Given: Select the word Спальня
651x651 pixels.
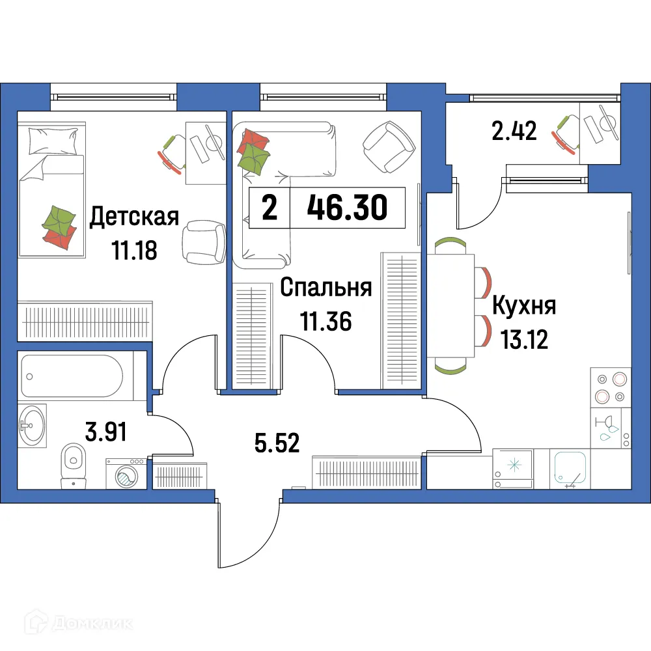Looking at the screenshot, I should click(x=325, y=288).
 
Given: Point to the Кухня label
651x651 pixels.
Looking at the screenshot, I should click(x=523, y=305).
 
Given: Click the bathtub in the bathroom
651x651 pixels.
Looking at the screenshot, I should click(x=72, y=376).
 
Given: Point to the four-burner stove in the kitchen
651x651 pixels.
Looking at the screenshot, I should click(x=610, y=387).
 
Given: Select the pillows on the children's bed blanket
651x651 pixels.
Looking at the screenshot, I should click(x=59, y=227).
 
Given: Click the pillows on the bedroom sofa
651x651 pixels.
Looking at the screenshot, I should click(x=254, y=152).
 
